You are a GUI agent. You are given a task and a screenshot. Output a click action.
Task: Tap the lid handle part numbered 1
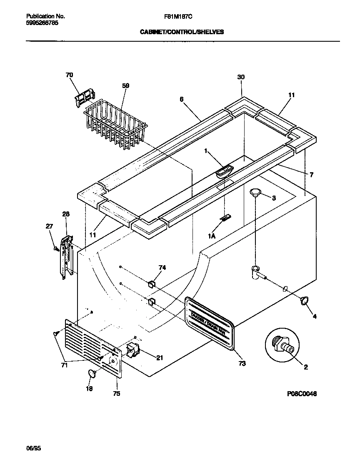[225, 171]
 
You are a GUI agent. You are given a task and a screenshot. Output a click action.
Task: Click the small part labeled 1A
[226, 218]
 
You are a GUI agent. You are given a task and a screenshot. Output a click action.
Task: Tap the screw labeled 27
[55, 249]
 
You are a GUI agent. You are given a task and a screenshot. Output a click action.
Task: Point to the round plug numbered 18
[92, 373]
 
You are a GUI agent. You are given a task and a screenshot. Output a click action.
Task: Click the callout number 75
[117, 393]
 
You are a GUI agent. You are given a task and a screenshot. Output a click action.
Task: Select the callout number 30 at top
[241, 77]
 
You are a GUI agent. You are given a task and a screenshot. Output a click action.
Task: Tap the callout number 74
[162, 268]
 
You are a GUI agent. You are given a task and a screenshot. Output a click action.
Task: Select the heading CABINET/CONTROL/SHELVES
[182, 31]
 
